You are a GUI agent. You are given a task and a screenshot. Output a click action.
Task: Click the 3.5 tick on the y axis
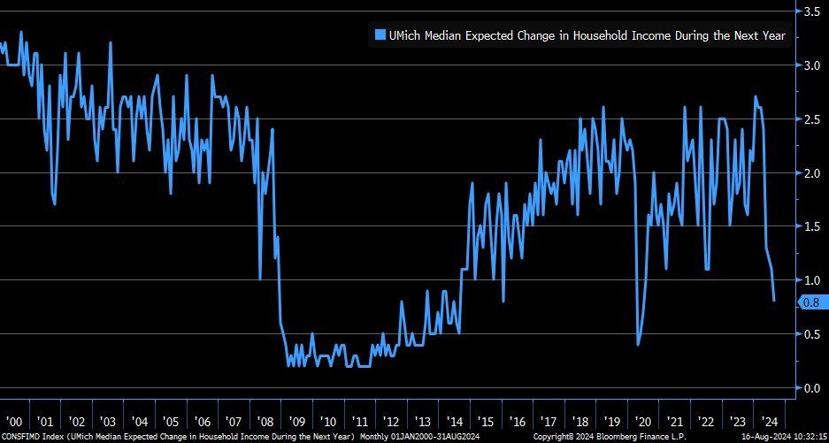tap(810, 11)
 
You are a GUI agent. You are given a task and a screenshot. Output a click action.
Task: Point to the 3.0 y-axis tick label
tap(810, 65)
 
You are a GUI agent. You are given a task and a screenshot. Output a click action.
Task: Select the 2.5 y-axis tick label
tap(810, 119)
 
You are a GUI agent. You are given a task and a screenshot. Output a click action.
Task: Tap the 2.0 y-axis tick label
tap(810, 173)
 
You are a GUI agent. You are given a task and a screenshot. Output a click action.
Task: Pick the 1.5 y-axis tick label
tap(810, 226)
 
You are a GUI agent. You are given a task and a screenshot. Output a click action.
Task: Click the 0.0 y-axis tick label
tap(810, 388)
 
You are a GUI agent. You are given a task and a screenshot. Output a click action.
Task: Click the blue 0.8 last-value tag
tap(811, 302)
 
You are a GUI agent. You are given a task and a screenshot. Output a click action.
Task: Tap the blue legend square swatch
tap(380, 36)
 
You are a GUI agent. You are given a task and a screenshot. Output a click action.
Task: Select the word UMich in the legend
tap(407, 36)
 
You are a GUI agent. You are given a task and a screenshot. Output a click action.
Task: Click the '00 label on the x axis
tap(14, 422)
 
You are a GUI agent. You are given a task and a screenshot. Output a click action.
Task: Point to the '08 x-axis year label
tap(265, 422)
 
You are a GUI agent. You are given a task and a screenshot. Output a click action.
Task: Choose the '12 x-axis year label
tap(392, 422)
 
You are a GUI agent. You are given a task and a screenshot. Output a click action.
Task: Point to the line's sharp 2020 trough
tap(638, 344)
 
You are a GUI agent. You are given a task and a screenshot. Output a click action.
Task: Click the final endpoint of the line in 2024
tap(774, 301)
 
